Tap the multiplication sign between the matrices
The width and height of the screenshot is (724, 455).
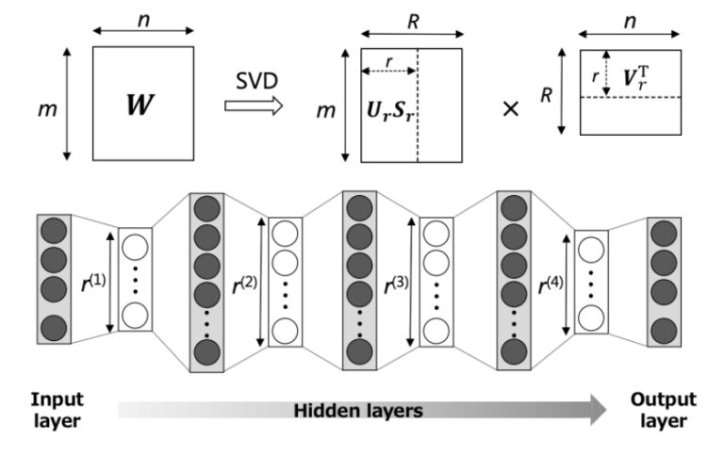coord(512,108)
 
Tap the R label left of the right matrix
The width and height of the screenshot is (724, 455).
coord(544,94)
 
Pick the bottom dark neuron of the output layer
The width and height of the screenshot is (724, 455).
coord(664,329)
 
